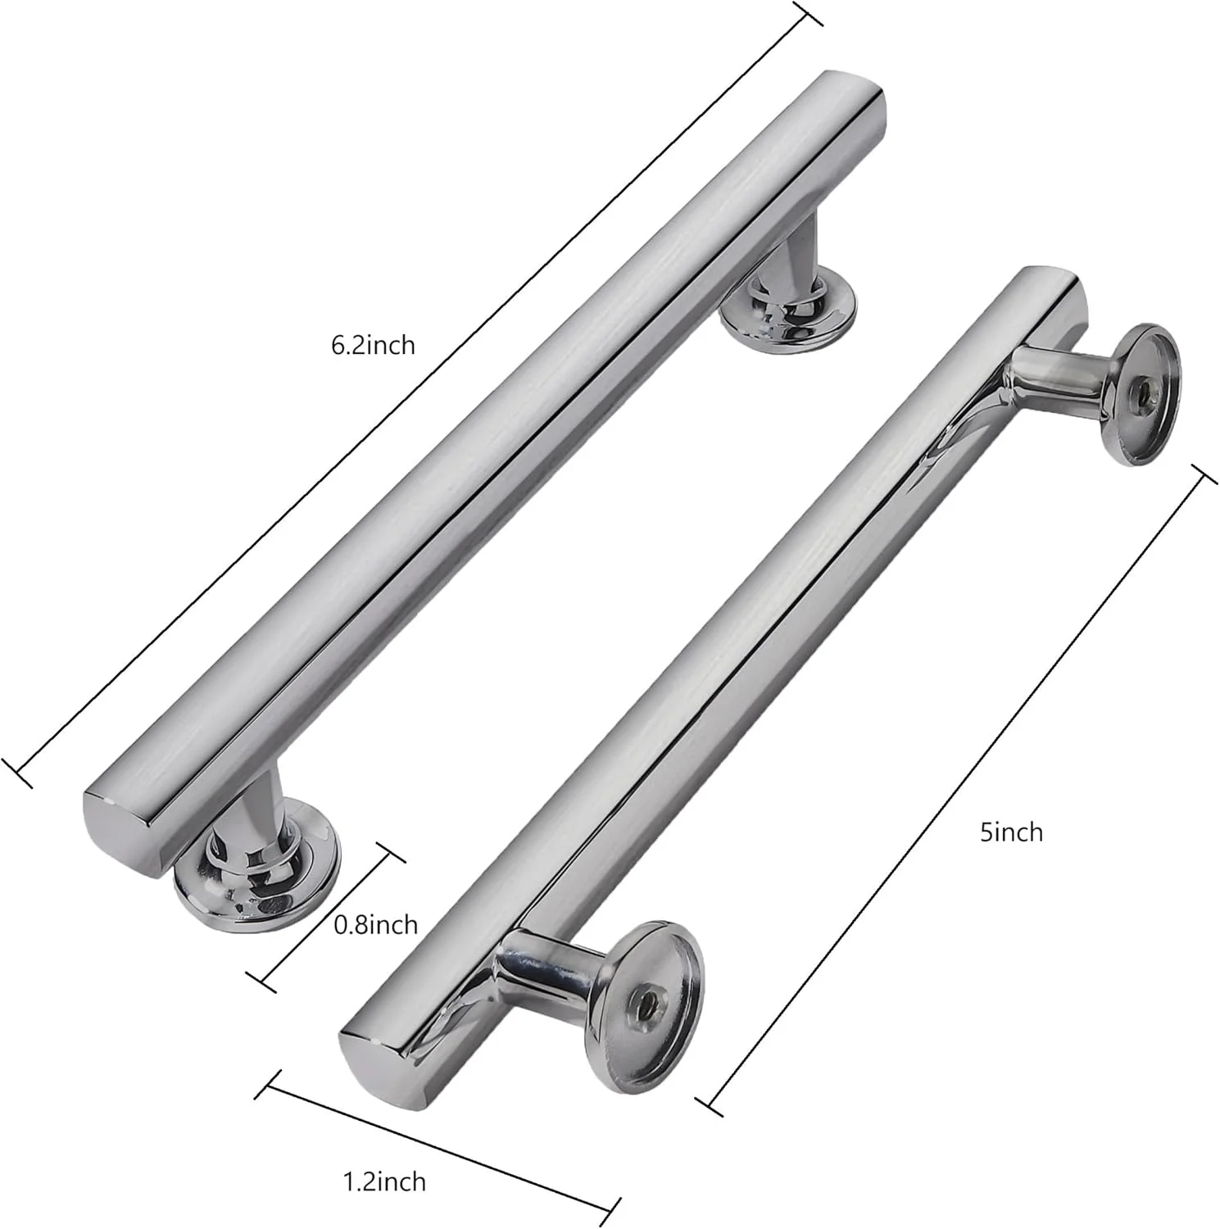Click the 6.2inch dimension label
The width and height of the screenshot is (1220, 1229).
pyautogui.click(x=373, y=345)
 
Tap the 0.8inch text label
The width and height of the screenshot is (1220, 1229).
pyautogui.click(x=376, y=925)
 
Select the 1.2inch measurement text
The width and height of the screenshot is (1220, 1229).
pyautogui.click(x=383, y=1181)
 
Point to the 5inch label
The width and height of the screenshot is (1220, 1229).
pyautogui.click(x=1011, y=832)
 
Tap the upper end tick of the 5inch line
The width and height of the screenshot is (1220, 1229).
pyautogui.click(x=1204, y=478)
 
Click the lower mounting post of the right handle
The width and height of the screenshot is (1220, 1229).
pyautogui.click(x=541, y=972)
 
